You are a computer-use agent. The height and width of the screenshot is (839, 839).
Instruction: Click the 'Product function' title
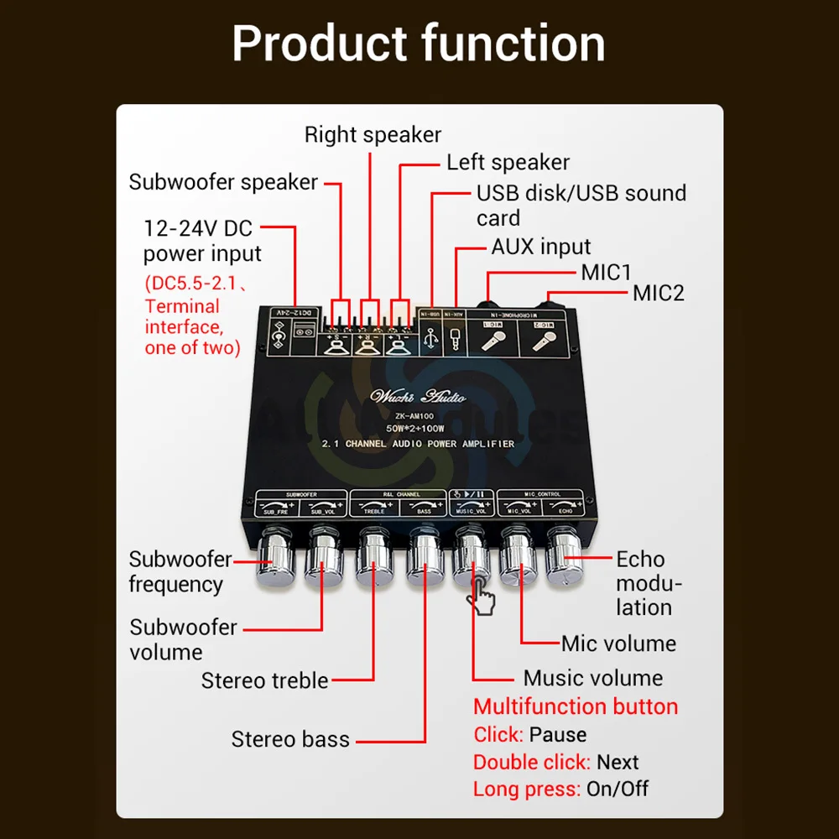pyautogui.click(x=419, y=44)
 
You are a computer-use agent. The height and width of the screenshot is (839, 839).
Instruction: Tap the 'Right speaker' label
pyautogui.click(x=373, y=134)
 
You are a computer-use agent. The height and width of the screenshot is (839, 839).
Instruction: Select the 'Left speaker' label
pyautogui.click(x=508, y=162)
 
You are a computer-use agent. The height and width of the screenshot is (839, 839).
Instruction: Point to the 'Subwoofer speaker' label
pyautogui.click(x=223, y=182)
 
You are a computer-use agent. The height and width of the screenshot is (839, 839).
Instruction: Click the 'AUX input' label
pyautogui.click(x=540, y=247)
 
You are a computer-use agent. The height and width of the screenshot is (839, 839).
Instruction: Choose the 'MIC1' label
pyautogui.click(x=606, y=272)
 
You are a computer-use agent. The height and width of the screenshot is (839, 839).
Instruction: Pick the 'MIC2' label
pyautogui.click(x=659, y=293)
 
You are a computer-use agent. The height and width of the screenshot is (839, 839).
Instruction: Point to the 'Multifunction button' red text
pyautogui.click(x=576, y=706)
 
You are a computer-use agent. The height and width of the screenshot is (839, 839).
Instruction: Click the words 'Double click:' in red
pyautogui.click(x=532, y=763)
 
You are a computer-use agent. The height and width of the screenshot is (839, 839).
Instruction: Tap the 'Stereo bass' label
pyautogui.click(x=290, y=739)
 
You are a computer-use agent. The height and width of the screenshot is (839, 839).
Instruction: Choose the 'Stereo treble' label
pyautogui.click(x=264, y=680)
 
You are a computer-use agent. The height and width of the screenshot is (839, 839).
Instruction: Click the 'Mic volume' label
pyautogui.click(x=618, y=644)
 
